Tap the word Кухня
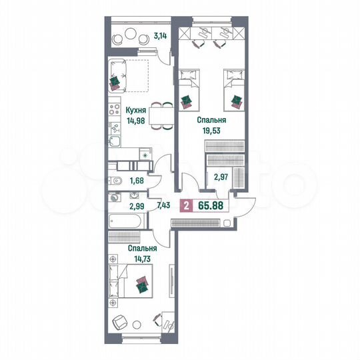point(136,109)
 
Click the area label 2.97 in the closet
point(221,177)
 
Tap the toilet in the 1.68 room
point(115,180)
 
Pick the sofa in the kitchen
point(119,75)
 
